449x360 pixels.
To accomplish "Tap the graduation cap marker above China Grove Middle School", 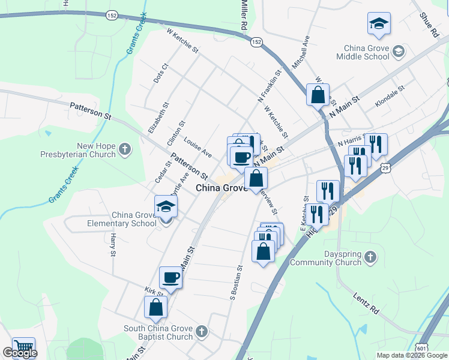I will [379, 24].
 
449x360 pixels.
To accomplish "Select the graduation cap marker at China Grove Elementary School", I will [166, 207].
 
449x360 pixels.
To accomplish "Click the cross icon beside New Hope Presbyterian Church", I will [125, 149].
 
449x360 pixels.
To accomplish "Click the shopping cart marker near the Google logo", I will [23, 347].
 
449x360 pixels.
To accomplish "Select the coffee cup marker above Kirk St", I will [170, 278].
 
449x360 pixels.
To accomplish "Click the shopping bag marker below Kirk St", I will [155, 307].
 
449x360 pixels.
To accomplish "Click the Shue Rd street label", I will [429, 25].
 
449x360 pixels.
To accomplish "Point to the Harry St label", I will [112, 247].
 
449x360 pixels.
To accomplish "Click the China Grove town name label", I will [221, 188].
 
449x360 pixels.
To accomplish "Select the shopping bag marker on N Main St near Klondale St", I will [318, 95].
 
